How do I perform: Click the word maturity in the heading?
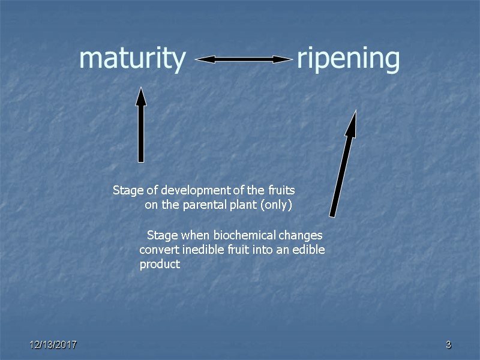(132, 59)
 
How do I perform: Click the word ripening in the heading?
(348, 59)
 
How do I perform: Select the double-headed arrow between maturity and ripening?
(243, 59)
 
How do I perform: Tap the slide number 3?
(448, 345)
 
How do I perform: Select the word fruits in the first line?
(281, 191)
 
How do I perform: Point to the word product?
(160, 264)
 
